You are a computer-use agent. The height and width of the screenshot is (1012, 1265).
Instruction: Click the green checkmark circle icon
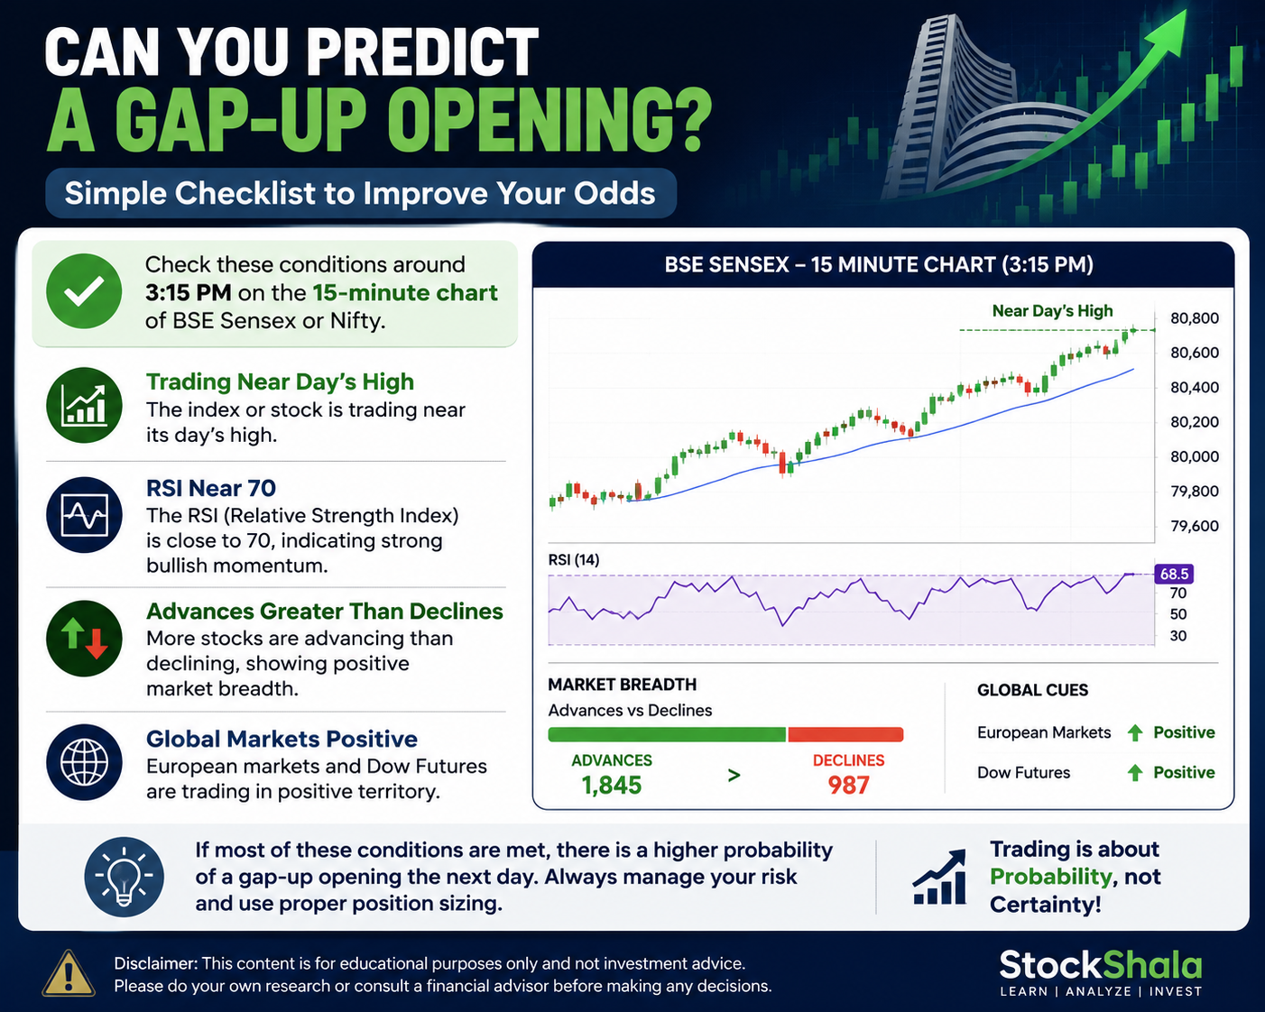click(x=84, y=291)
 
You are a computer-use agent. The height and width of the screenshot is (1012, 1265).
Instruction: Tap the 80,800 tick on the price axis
click(x=1195, y=318)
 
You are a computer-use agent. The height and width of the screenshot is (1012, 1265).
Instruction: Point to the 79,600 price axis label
click(x=1195, y=526)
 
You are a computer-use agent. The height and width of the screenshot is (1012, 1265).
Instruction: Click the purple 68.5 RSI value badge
click(x=1174, y=574)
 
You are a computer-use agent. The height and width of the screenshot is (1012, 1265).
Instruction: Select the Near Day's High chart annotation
click(x=1052, y=310)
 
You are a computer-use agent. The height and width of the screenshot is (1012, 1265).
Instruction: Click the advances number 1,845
click(x=612, y=785)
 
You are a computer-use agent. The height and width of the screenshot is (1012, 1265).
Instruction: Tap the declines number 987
click(x=848, y=785)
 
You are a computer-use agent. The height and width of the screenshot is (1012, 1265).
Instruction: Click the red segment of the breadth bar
click(x=845, y=734)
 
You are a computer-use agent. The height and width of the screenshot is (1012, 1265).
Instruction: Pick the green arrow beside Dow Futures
click(x=1135, y=772)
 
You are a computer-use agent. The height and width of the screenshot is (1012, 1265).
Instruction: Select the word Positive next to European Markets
click(x=1184, y=732)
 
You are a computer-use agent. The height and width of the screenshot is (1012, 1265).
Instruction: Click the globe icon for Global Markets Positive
click(x=84, y=762)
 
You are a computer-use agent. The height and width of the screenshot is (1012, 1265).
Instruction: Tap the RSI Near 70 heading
click(x=211, y=488)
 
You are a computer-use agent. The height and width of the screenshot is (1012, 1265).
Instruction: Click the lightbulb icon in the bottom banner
click(x=124, y=876)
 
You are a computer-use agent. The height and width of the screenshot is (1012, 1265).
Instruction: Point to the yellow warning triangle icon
click(x=69, y=974)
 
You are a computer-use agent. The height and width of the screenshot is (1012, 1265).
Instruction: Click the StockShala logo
click(x=1101, y=973)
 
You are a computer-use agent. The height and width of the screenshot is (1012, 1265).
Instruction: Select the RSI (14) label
click(x=574, y=559)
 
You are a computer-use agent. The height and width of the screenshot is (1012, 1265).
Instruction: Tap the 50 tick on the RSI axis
click(x=1178, y=614)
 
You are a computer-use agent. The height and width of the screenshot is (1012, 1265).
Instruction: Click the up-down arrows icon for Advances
click(x=84, y=639)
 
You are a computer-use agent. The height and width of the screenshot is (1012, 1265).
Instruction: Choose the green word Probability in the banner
click(x=1050, y=877)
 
